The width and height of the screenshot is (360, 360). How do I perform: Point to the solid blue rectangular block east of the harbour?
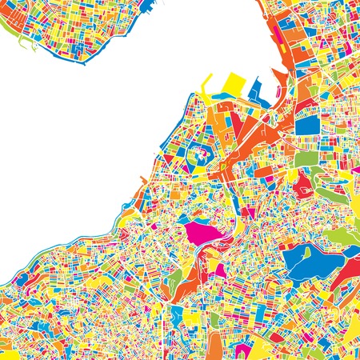307,125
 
